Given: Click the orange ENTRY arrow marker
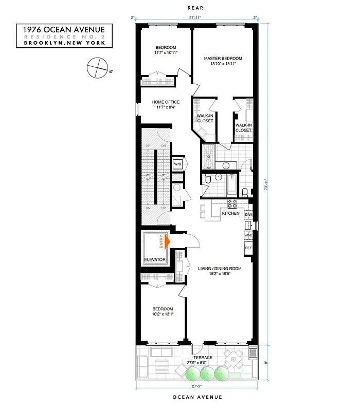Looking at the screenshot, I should coord(166,240).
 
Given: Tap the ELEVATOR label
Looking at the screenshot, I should coord(154,260).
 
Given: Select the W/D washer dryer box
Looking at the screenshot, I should coord(177,164).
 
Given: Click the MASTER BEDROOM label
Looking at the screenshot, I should coord(223,59).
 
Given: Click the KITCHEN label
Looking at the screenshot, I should coord(230,213).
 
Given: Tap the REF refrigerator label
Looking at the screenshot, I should coord(248,249).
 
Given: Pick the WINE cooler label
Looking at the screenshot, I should coord(248,236).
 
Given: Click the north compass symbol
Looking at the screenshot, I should coord(97,68).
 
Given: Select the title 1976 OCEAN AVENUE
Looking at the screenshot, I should coord(64,30).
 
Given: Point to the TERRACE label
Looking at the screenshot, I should coord(202,358).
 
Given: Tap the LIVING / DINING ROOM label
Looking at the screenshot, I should coord(220,268).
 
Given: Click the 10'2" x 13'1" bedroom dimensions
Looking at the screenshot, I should coord(163,314).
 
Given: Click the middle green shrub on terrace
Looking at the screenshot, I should coord(207,373).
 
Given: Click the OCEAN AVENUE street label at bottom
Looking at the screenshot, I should coord(197,397).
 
